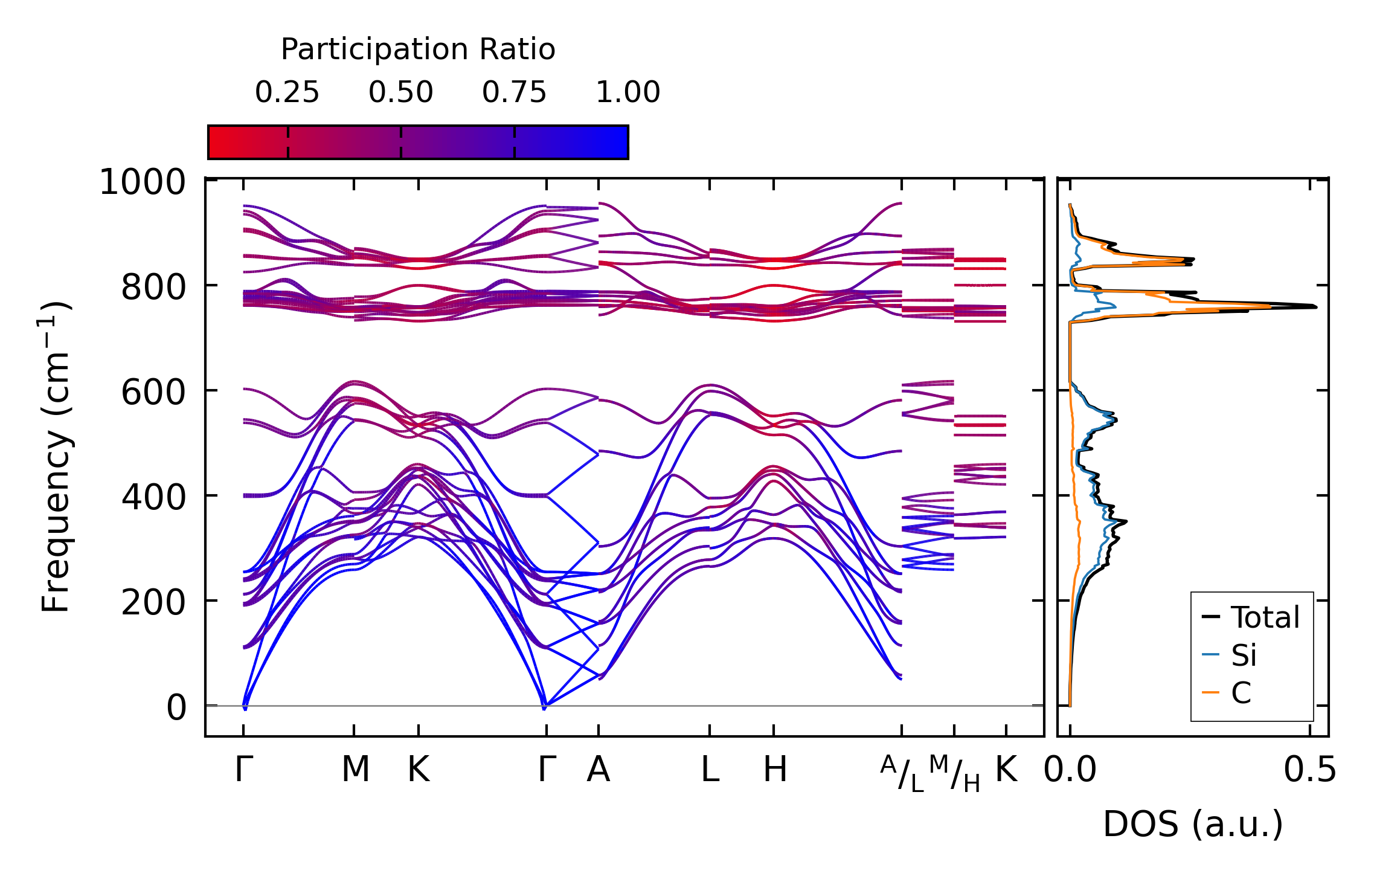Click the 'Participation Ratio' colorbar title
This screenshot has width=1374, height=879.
pyautogui.click(x=418, y=50)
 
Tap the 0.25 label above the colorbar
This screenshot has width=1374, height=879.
pyautogui.click(x=287, y=92)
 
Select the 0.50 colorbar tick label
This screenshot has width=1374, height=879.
pyautogui.click(x=400, y=92)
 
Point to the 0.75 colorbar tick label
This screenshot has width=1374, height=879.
pyautogui.click(x=514, y=92)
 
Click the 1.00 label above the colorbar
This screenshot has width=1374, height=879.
pyautogui.click(x=628, y=92)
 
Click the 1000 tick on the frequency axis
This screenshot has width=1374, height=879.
pyautogui.click(x=143, y=182)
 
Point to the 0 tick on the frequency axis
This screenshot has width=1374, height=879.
pyautogui.click(x=176, y=707)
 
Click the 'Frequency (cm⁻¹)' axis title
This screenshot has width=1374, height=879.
pyautogui.click(x=56, y=457)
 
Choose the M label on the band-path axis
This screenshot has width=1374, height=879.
pyautogui.click(x=355, y=770)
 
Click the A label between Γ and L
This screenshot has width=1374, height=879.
pyautogui.click(x=599, y=770)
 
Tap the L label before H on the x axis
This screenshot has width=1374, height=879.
pyautogui.click(x=710, y=770)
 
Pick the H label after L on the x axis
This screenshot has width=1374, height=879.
pyautogui.click(x=775, y=770)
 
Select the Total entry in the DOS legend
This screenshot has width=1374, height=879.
pyautogui.click(x=1265, y=617)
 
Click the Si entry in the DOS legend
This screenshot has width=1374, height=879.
pyautogui.click(x=1244, y=655)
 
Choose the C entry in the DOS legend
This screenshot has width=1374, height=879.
pyautogui.click(x=1241, y=692)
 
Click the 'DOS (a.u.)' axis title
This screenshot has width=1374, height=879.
pyautogui.click(x=1193, y=824)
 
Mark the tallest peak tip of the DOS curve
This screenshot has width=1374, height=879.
pyautogui.click(x=1315, y=307)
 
